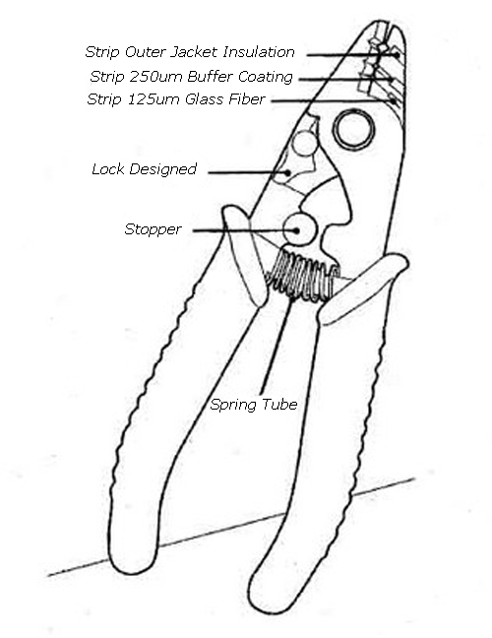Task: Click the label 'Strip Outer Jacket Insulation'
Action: [x=190, y=52]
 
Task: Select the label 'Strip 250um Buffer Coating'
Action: [x=191, y=77]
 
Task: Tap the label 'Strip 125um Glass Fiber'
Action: [x=176, y=99]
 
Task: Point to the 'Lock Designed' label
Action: [x=145, y=169]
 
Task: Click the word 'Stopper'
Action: [x=153, y=229]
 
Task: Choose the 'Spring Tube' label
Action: [x=254, y=405]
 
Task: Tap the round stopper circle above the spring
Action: [x=300, y=229]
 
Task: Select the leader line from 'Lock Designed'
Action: [x=249, y=172]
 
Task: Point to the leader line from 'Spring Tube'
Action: [x=277, y=346]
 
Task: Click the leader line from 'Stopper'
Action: [x=246, y=230]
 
